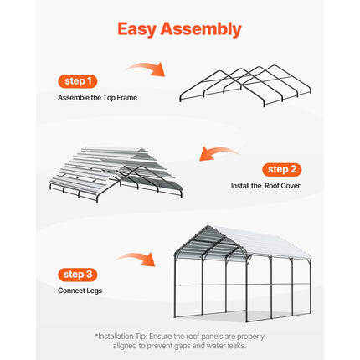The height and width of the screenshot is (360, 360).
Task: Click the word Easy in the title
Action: pos(142,29)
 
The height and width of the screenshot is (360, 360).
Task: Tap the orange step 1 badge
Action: pos(79,81)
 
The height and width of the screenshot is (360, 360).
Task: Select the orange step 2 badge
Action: pos(280,168)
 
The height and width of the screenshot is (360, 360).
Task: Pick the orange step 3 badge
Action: pos(79,274)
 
